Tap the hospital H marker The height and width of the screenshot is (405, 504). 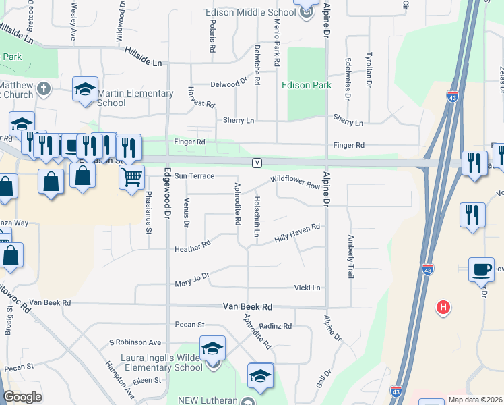click(443, 307)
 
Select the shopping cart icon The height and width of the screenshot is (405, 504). click(132, 177)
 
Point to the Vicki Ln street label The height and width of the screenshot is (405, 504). click(307, 288)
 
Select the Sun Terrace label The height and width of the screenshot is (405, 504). click(194, 176)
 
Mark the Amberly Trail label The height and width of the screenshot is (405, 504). click(350, 256)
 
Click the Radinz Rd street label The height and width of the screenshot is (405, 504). click(275, 326)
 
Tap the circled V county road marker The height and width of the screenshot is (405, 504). click(257, 163)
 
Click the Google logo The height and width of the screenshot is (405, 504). click(23, 397)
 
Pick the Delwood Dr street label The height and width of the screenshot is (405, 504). click(224, 84)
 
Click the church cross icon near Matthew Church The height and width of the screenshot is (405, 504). click(44, 88)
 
